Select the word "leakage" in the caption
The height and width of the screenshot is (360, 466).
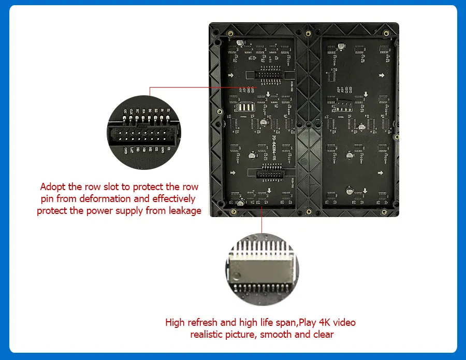click(x=182, y=211)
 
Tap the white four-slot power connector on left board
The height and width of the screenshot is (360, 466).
click(x=243, y=107)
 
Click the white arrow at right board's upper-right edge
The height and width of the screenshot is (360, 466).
click(x=382, y=76)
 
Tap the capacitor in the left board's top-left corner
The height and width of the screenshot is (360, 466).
click(x=237, y=45)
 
